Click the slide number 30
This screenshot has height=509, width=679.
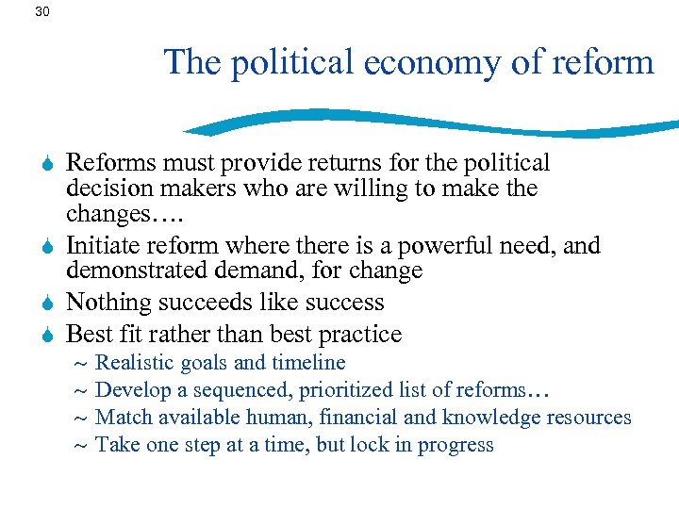(x=41, y=12)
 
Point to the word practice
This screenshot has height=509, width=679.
(x=361, y=335)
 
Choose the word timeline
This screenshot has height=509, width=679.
(x=308, y=363)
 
